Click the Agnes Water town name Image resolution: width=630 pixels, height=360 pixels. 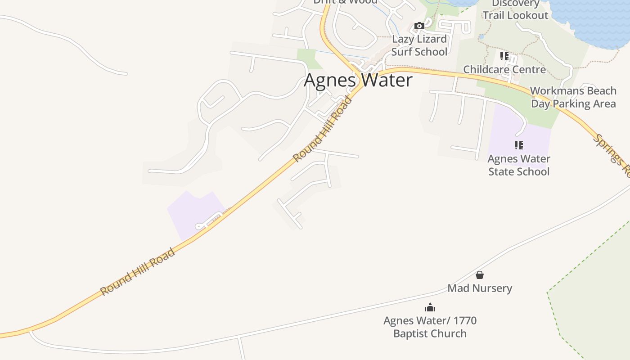pos(358,80)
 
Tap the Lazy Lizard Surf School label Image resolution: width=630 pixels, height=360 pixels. pos(419,45)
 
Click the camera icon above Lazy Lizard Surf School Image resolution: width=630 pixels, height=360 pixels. pos(419,26)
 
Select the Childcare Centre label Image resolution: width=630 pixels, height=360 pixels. pos(504,69)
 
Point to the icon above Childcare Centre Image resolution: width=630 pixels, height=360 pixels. pos(504,56)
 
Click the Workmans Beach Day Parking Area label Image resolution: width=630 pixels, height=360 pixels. pos(573,97)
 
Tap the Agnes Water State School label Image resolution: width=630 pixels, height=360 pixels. pos(519,165)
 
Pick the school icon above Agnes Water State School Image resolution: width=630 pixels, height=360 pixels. pos(519,145)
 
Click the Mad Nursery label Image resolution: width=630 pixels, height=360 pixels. pos(480,288)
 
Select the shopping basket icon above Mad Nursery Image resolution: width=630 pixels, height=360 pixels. pos(480,274)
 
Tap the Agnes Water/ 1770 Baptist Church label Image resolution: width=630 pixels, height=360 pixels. pos(430,327)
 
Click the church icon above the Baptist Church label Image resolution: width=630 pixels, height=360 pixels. pos(430,307)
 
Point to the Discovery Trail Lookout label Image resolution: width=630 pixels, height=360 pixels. pos(515,10)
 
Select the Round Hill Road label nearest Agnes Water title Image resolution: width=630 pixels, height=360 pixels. pos(322,129)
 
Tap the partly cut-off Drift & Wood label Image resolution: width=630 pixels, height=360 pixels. pos(345,2)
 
